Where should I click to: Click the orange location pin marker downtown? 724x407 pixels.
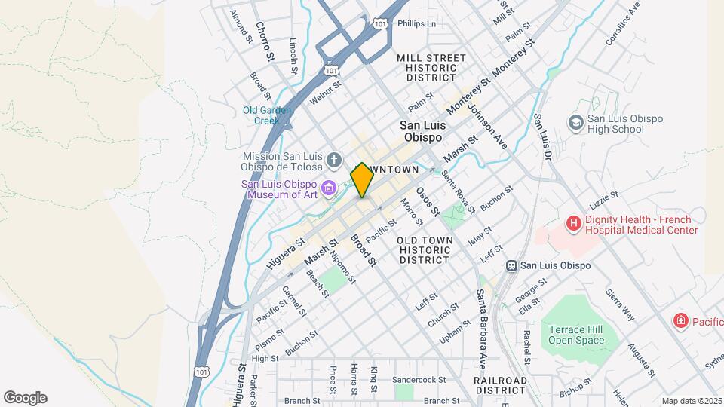(x=361, y=180)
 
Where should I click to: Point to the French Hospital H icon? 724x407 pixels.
(x=574, y=224)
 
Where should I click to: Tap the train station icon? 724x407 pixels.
(x=511, y=265)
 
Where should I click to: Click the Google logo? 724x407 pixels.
(x=25, y=398)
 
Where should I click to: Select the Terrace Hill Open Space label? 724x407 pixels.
(x=576, y=335)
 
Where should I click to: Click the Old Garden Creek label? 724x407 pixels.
(x=267, y=115)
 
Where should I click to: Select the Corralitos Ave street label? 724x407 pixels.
(x=622, y=23)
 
